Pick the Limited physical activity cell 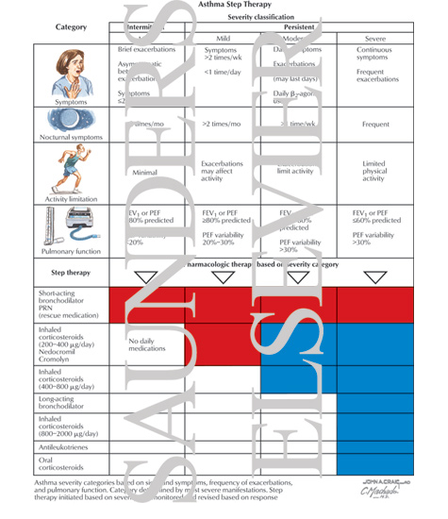click(373, 172)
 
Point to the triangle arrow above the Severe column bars click(374, 277)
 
